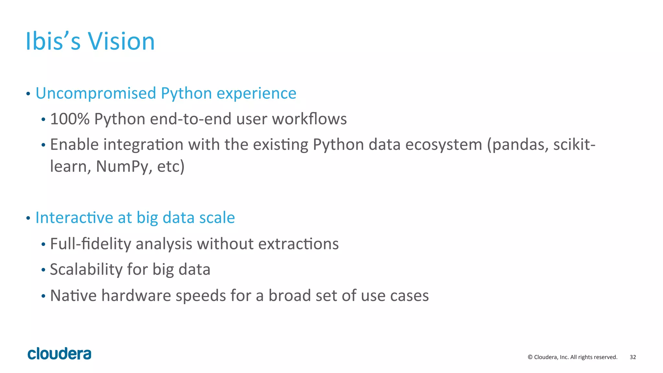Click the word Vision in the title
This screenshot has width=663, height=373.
pos(121,41)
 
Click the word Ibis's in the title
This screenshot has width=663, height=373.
pos(53,41)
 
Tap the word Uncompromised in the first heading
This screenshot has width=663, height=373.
pos(96,93)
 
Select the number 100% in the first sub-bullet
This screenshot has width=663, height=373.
pos(70,119)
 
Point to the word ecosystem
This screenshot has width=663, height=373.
pos(444,145)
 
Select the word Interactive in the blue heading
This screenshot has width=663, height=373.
pos(74,218)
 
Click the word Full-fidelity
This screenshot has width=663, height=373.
pos(90,244)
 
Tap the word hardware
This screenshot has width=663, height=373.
pos(136,296)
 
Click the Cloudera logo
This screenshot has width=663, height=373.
pos(59,354)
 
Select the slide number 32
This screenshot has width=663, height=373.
pos(633,357)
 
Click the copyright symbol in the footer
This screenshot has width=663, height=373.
pos(530,357)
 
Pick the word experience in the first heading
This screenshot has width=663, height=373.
pos(256,93)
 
